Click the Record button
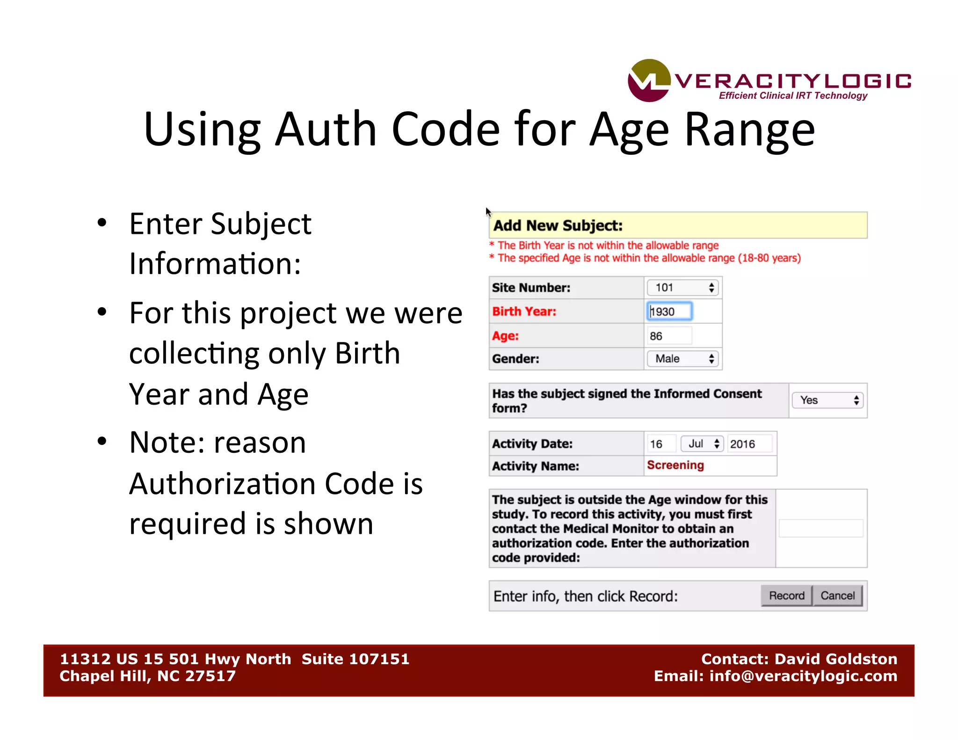pyautogui.click(x=786, y=595)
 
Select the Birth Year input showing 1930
pyautogui.click(x=669, y=312)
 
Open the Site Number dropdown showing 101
pyautogui.click(x=682, y=288)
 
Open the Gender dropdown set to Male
pyautogui.click(x=682, y=359)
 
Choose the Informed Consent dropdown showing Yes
pyautogui.click(x=827, y=400)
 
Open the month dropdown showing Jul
pyautogui.click(x=702, y=444)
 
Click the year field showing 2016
pyautogui.click(x=748, y=444)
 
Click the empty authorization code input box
pyautogui.click(x=821, y=529)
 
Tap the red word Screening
pyautogui.click(x=675, y=465)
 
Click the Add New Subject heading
pyautogui.click(x=558, y=225)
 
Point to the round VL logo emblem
pyautogui.click(x=649, y=80)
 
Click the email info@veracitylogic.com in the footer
pyautogui.click(x=803, y=676)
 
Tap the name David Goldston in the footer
pyautogui.click(x=836, y=659)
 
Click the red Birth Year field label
pyautogui.click(x=524, y=312)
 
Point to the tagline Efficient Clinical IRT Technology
pyautogui.click(x=793, y=96)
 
